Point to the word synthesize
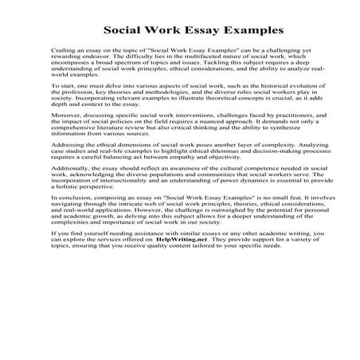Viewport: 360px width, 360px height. [x=279, y=155]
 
